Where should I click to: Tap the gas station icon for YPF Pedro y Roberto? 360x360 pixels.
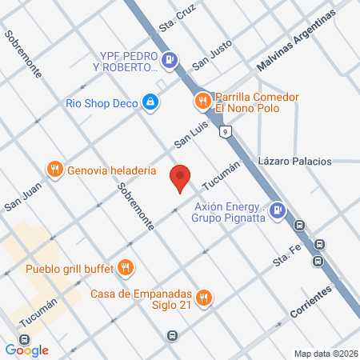(x=170, y=59)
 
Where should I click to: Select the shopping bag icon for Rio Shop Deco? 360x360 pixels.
(x=150, y=102)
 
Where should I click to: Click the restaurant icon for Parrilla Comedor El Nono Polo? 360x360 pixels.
(x=203, y=101)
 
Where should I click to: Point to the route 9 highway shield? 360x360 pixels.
(x=227, y=131)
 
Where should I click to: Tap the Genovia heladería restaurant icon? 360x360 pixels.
(x=54, y=169)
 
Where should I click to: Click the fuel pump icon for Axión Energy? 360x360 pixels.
(x=277, y=210)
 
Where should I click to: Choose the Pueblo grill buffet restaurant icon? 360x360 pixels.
(x=125, y=266)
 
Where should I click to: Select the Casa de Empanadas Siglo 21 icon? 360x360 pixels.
(x=204, y=298)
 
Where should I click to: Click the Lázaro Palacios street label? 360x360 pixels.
(x=294, y=162)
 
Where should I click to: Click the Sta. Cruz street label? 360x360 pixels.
(x=178, y=17)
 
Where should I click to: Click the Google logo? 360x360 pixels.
(x=26, y=350)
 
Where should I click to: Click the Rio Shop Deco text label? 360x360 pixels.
(x=101, y=102)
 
